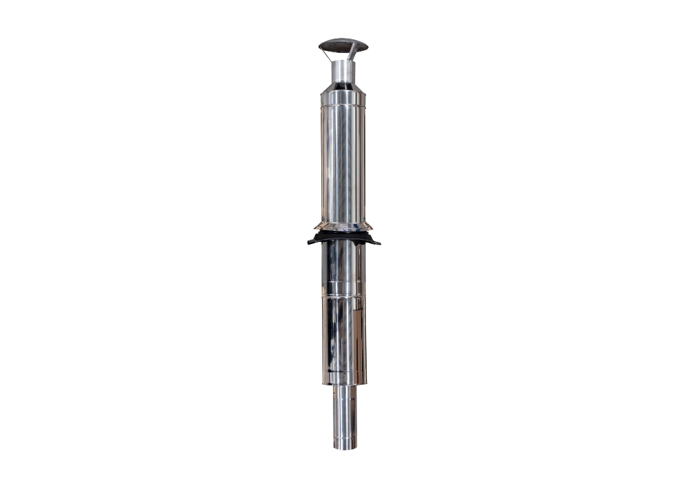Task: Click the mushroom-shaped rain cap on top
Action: coord(343,46)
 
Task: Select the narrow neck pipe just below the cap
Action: coord(342,71)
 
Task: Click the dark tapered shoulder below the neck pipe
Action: coord(343,87)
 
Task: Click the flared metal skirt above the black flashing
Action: coord(343,225)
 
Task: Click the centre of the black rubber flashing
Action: coord(343,238)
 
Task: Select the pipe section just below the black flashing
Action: coord(343,268)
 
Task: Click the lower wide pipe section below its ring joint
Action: coord(343,337)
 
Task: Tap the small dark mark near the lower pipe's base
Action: coord(335,372)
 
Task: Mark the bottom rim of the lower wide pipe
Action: coord(343,383)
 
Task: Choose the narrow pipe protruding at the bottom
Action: coord(345,412)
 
